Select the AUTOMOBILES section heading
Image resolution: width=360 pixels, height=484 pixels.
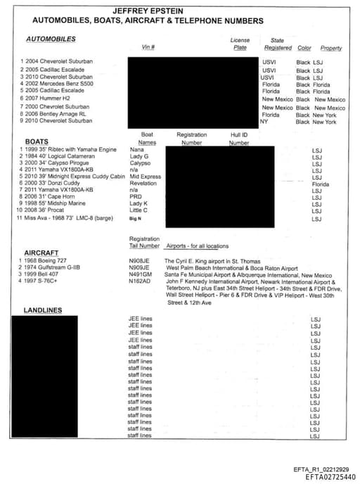[51, 39]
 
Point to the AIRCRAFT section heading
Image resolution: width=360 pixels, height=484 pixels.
[41, 252]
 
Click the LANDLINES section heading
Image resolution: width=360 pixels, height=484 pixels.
[42, 310]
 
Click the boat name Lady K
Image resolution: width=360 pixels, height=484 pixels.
[140, 203]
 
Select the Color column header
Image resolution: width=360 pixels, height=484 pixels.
[304, 48]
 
